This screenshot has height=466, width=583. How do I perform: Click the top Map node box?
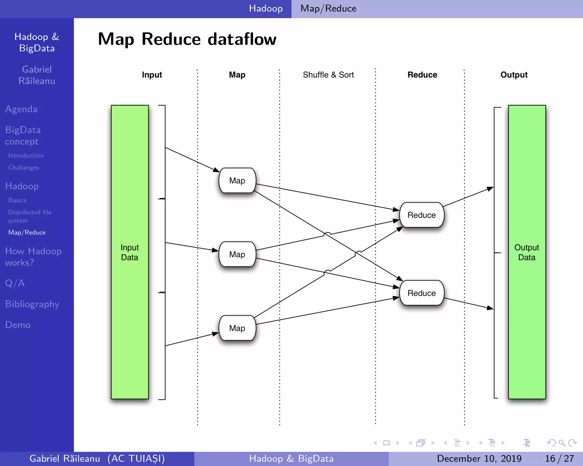click(x=237, y=180)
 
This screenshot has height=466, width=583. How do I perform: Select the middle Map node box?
click(x=237, y=254)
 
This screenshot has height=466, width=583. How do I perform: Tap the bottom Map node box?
click(x=237, y=328)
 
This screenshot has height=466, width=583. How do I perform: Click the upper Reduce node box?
click(x=422, y=215)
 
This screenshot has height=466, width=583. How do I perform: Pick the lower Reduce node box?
click(x=422, y=293)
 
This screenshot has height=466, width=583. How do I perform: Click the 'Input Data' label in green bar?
click(x=130, y=252)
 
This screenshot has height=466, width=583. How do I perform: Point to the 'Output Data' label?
click(x=527, y=252)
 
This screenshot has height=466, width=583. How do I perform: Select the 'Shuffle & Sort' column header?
click(x=328, y=75)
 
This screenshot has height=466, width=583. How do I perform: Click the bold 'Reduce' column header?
click(x=422, y=75)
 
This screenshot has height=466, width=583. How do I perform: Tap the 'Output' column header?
click(x=514, y=75)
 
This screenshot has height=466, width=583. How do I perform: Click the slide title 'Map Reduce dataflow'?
click(x=187, y=39)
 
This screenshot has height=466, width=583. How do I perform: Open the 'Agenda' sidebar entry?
click(x=21, y=109)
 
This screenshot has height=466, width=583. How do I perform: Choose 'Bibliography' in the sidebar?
click(x=32, y=304)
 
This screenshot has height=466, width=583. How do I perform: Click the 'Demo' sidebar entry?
click(x=18, y=325)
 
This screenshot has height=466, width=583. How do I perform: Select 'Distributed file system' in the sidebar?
click(x=30, y=216)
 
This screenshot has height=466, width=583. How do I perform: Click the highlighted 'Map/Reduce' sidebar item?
click(x=27, y=232)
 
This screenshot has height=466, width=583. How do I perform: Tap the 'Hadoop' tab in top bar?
click(x=266, y=9)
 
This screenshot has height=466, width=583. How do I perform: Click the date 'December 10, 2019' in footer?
click(x=479, y=458)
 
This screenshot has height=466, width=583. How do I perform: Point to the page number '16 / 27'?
click(x=559, y=458)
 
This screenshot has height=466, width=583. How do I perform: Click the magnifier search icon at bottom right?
click(x=562, y=443)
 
